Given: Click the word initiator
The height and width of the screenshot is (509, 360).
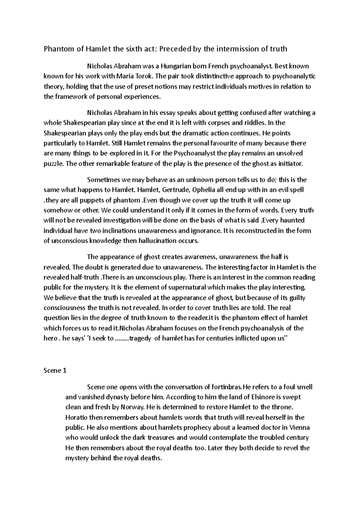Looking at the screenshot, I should [x=291, y=164].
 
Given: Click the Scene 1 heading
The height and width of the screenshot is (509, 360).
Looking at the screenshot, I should [x=55, y=371].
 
